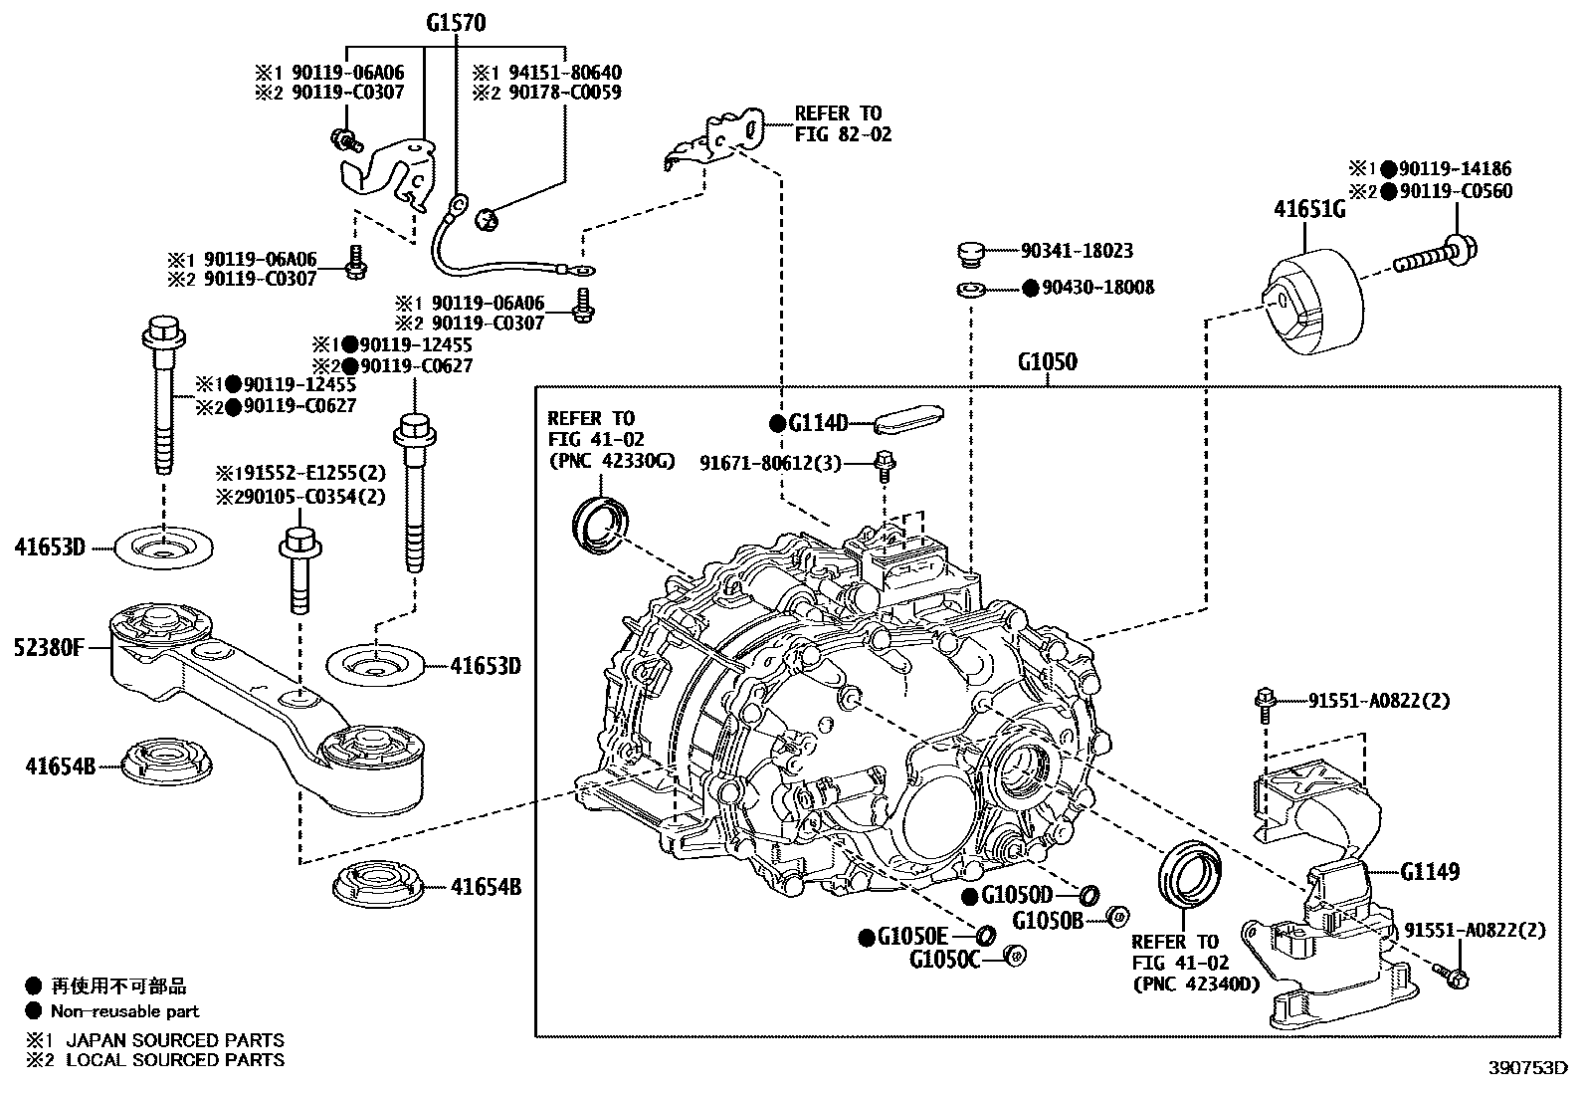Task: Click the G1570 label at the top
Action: click(456, 23)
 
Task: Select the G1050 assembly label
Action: click(1048, 361)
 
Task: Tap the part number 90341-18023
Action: click(1077, 251)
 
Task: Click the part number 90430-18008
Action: click(1098, 288)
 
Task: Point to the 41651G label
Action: click(1309, 209)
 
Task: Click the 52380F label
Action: click(49, 647)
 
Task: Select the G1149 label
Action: click(1430, 871)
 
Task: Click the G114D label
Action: click(818, 423)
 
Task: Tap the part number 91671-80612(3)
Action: click(771, 463)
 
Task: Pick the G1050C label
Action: click(945, 960)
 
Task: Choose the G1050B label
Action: click(1048, 920)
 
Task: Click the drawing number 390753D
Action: click(1528, 1068)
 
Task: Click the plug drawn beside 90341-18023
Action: click(970, 254)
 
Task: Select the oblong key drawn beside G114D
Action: click(908, 419)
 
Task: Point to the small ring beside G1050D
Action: click(1089, 896)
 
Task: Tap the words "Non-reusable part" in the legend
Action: click(125, 1011)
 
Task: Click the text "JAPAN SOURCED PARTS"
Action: click(175, 1040)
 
